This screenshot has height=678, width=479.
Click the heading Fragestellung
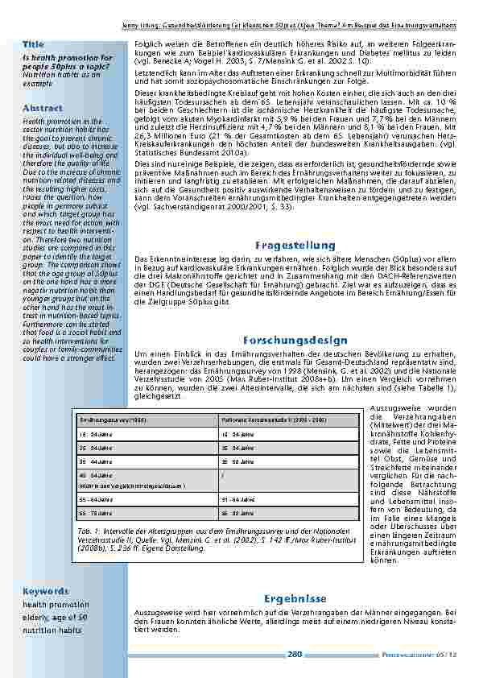(x=295, y=245)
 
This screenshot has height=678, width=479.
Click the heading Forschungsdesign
(x=295, y=341)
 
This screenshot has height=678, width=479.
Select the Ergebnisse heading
(x=295, y=598)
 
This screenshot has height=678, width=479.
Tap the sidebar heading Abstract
(x=38, y=107)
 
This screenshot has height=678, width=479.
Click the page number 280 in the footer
(x=295, y=654)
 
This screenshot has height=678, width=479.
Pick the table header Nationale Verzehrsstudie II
(x=262, y=421)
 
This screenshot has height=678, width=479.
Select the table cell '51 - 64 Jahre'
(x=239, y=499)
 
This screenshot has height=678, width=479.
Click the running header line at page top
(x=295, y=26)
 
